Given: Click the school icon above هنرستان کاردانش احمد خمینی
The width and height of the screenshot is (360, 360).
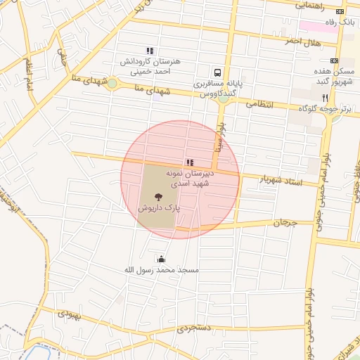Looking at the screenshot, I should [x=149, y=51].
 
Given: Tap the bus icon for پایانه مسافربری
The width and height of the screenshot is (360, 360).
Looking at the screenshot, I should [x=217, y=72].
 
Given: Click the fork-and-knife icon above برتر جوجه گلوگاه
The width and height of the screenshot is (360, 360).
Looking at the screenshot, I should [x=325, y=98].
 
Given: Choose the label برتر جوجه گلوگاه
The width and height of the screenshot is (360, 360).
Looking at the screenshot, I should [x=325, y=108].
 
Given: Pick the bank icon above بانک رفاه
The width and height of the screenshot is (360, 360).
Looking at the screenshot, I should [x=340, y=11].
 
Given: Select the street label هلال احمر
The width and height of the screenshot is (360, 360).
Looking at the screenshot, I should [x=302, y=42].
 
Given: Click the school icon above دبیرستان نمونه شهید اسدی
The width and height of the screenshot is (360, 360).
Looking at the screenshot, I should [x=191, y=162].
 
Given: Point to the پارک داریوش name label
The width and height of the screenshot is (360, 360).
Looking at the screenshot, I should [x=157, y=209].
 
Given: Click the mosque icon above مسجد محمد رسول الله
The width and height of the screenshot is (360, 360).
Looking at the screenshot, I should [x=162, y=259].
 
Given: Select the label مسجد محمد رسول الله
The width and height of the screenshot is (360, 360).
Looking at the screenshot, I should [x=162, y=270].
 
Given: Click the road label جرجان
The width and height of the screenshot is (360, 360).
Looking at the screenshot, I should [x=286, y=223].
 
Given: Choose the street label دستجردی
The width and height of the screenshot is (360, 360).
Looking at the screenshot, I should [x=193, y=328].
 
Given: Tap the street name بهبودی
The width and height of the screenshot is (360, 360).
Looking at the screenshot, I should [x=69, y=314].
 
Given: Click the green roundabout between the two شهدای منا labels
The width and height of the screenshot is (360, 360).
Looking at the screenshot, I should [x=112, y=84].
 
